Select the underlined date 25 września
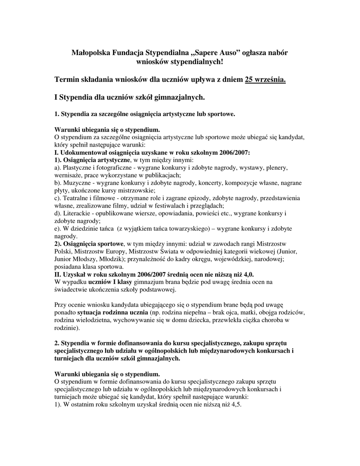(266, 80)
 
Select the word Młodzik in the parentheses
(106, 259)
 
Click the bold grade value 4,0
(246, 274)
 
